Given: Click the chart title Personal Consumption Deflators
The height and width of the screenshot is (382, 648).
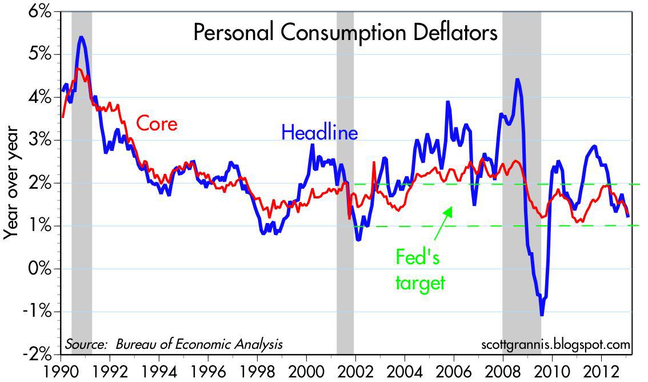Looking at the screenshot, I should [345, 33].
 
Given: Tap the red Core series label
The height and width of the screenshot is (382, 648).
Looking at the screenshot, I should [156, 124].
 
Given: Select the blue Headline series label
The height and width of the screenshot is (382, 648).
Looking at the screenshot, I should [319, 133].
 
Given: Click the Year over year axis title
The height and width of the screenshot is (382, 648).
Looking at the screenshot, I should [12, 183].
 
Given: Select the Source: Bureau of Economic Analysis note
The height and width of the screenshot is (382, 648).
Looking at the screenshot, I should [173, 344].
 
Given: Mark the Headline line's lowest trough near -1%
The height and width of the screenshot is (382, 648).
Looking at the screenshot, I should [541, 313].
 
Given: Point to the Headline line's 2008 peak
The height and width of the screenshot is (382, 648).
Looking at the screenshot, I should [517, 80].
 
